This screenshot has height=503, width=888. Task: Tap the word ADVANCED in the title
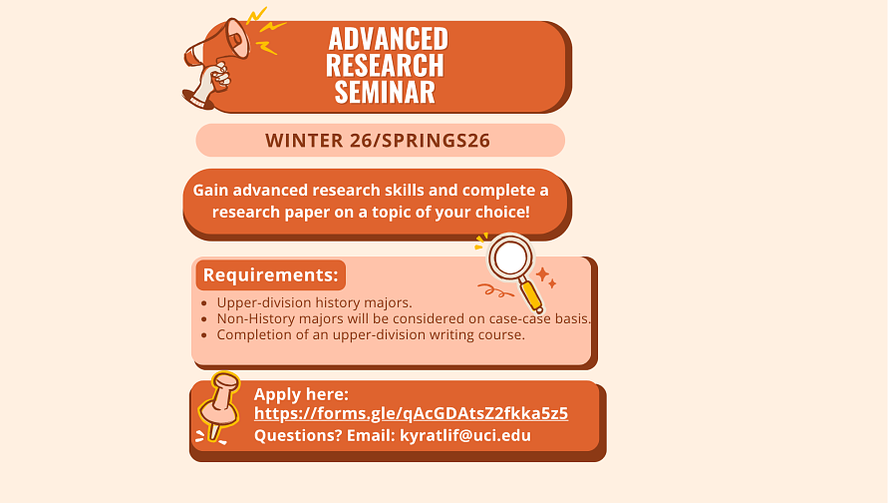[389, 39]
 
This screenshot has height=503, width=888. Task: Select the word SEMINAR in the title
[385, 92]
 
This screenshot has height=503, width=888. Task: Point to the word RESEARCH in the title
[385, 65]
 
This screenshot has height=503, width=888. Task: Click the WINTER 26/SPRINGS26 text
[378, 141]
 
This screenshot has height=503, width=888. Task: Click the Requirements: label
[271, 275]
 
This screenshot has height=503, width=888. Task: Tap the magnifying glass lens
[511, 256]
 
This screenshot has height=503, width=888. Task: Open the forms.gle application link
[412, 413]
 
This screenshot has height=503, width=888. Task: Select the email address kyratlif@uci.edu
[465, 435]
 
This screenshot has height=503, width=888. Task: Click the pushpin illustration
[218, 407]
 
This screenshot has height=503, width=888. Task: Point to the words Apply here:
[301, 394]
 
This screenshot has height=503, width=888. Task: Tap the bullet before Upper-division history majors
[204, 303]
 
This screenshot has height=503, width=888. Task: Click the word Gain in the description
[210, 190]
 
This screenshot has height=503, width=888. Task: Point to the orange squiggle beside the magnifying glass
[495, 290]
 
